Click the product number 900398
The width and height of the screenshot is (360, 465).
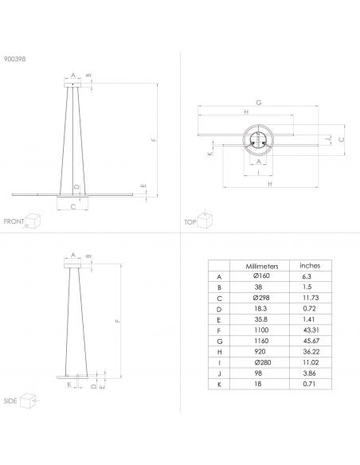tap(14, 59)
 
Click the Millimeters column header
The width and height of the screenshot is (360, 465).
tap(262, 266)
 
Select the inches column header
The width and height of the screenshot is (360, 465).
tap(310, 265)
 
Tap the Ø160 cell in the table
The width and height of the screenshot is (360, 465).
tap(261, 275)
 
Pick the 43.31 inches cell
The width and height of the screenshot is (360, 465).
tap(311, 330)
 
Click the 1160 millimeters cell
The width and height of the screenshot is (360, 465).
tap(261, 341)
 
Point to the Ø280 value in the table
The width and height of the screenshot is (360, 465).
tap(263, 362)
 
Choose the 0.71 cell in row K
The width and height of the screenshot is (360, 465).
tap(309, 384)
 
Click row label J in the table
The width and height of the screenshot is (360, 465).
tap(219, 373)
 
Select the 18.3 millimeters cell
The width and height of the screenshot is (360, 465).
tap(260, 308)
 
